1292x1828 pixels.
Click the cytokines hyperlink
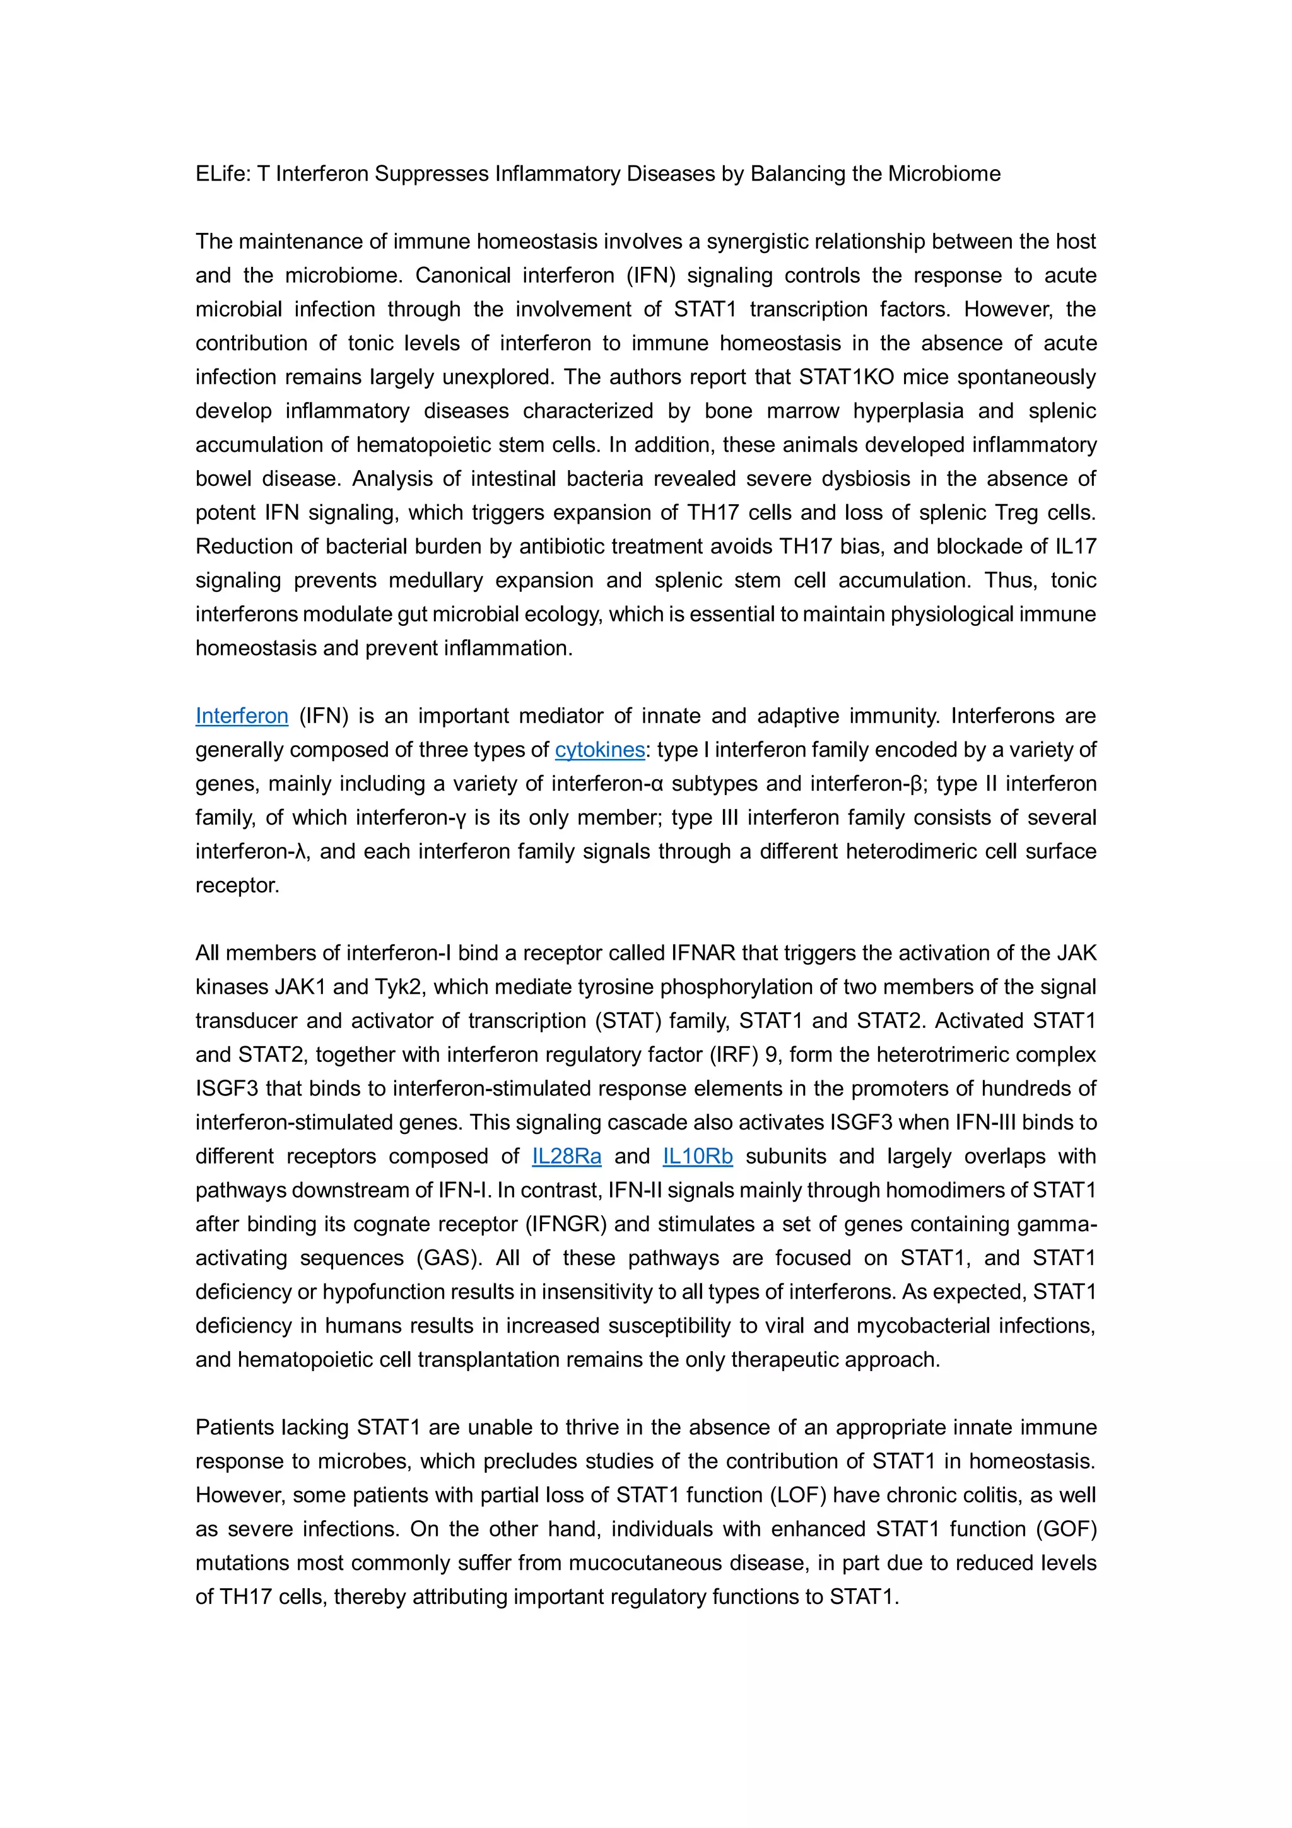pyautogui.click(x=599, y=750)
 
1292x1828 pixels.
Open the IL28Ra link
pyautogui.click(x=566, y=1156)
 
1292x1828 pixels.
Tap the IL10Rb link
pyautogui.click(x=697, y=1156)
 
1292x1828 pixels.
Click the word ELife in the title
pyautogui.click(x=222, y=174)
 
